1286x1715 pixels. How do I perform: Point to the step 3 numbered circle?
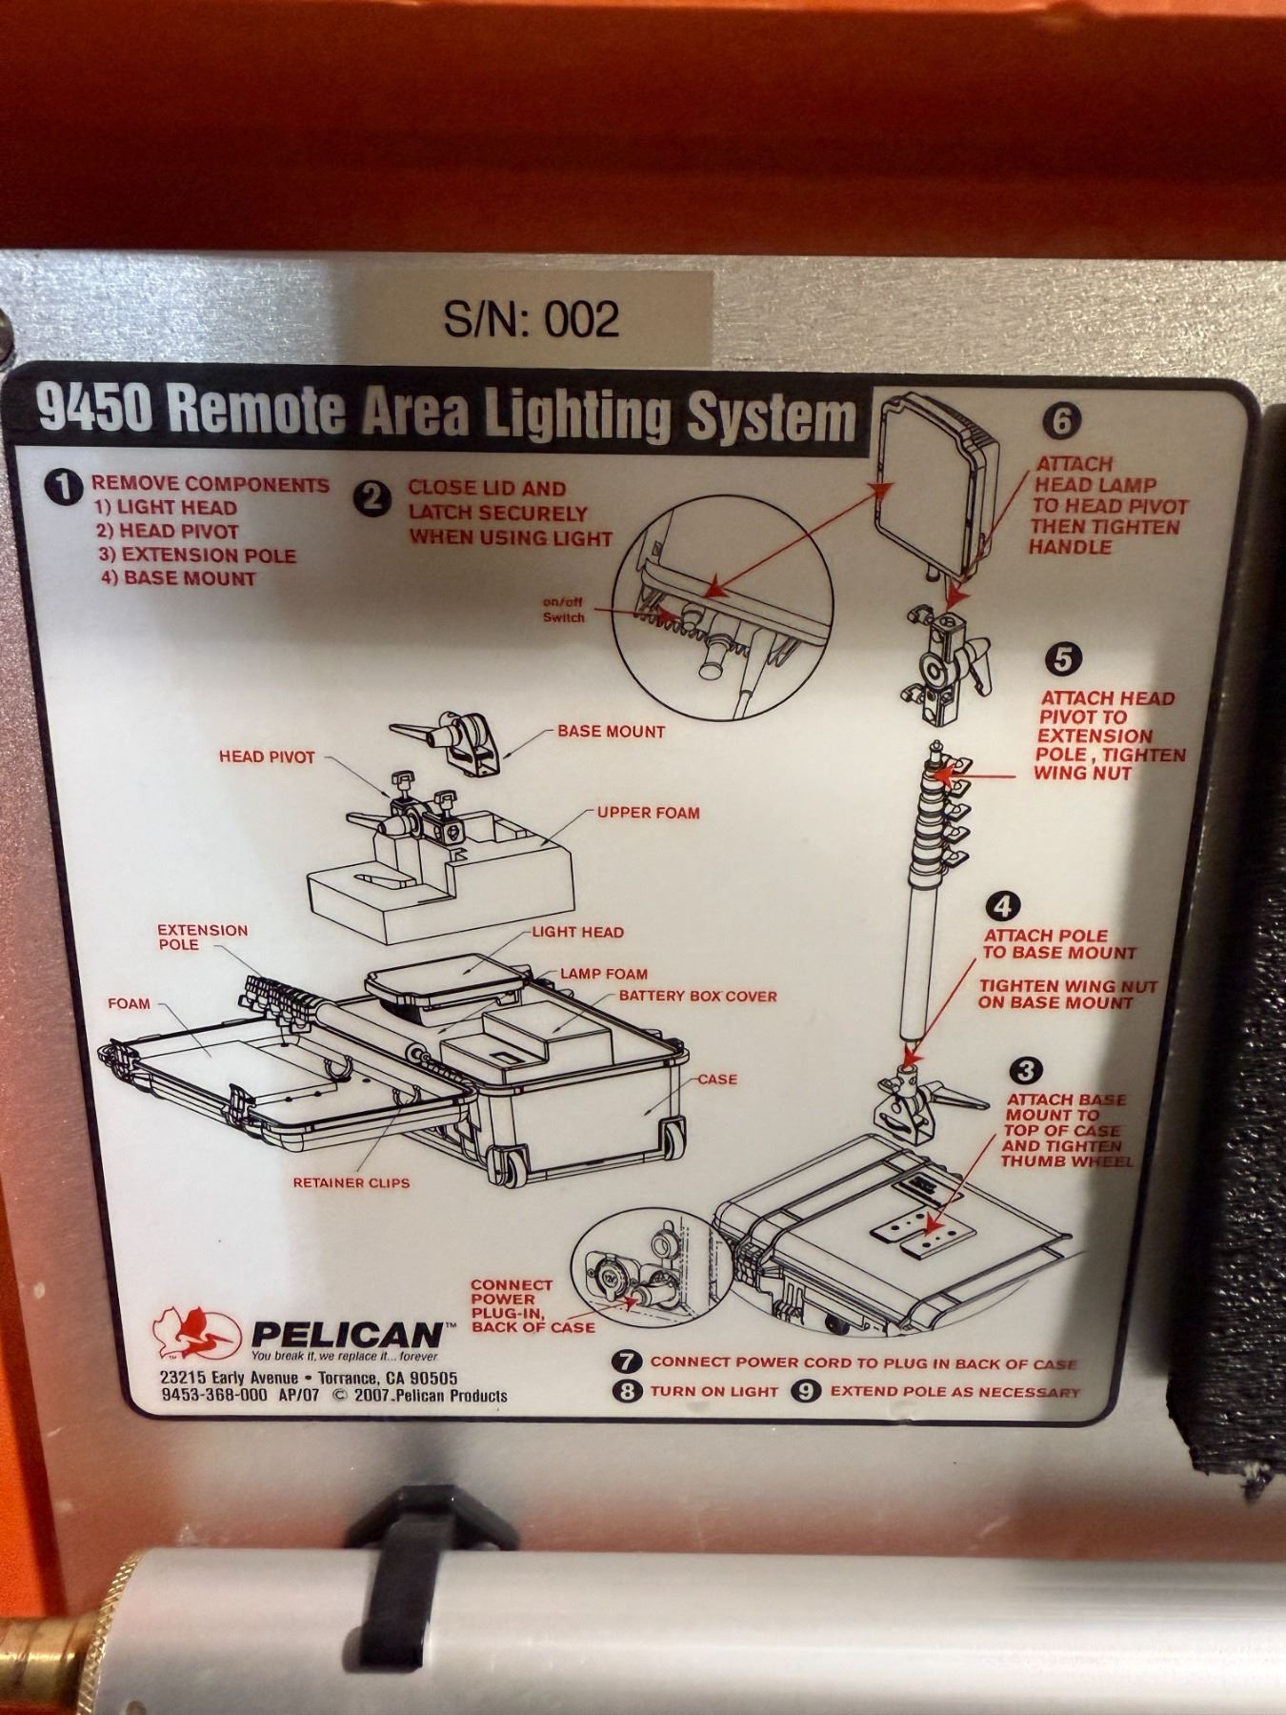1025,1071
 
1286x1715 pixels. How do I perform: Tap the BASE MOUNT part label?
611,732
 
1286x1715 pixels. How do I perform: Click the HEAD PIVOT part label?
267,757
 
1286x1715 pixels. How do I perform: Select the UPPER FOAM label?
648,813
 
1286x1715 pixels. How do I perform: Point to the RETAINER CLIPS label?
352,1182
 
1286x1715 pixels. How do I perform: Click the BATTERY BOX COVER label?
698,996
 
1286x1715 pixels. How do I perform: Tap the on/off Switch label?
563,610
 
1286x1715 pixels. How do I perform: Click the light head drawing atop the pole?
936,492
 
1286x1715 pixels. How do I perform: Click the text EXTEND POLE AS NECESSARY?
955,1392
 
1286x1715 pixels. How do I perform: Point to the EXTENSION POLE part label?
202,937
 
